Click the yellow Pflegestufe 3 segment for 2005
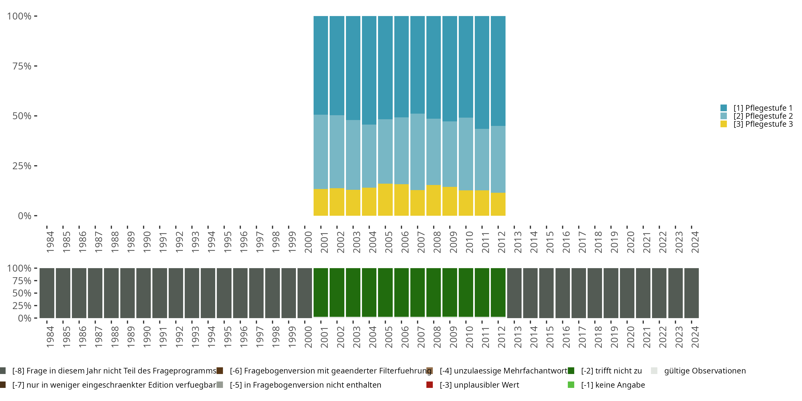[385, 200]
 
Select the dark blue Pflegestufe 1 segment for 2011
[482, 72]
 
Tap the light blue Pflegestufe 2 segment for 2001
[321, 152]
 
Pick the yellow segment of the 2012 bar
[498, 204]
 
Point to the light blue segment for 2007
[418, 152]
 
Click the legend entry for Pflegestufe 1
[763, 108]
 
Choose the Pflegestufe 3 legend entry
[763, 124]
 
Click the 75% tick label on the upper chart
[22, 66]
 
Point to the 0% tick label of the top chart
[25, 216]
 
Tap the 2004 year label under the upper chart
[373, 242]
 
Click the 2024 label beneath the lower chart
[695, 337]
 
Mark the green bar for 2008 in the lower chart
[434, 293]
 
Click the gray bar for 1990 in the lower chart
[144, 293]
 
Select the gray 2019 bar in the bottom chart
[611, 293]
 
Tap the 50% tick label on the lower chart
[22, 293]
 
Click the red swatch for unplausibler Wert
[430, 385]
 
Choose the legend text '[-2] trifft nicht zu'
[611, 371]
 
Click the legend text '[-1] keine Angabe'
[613, 385]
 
